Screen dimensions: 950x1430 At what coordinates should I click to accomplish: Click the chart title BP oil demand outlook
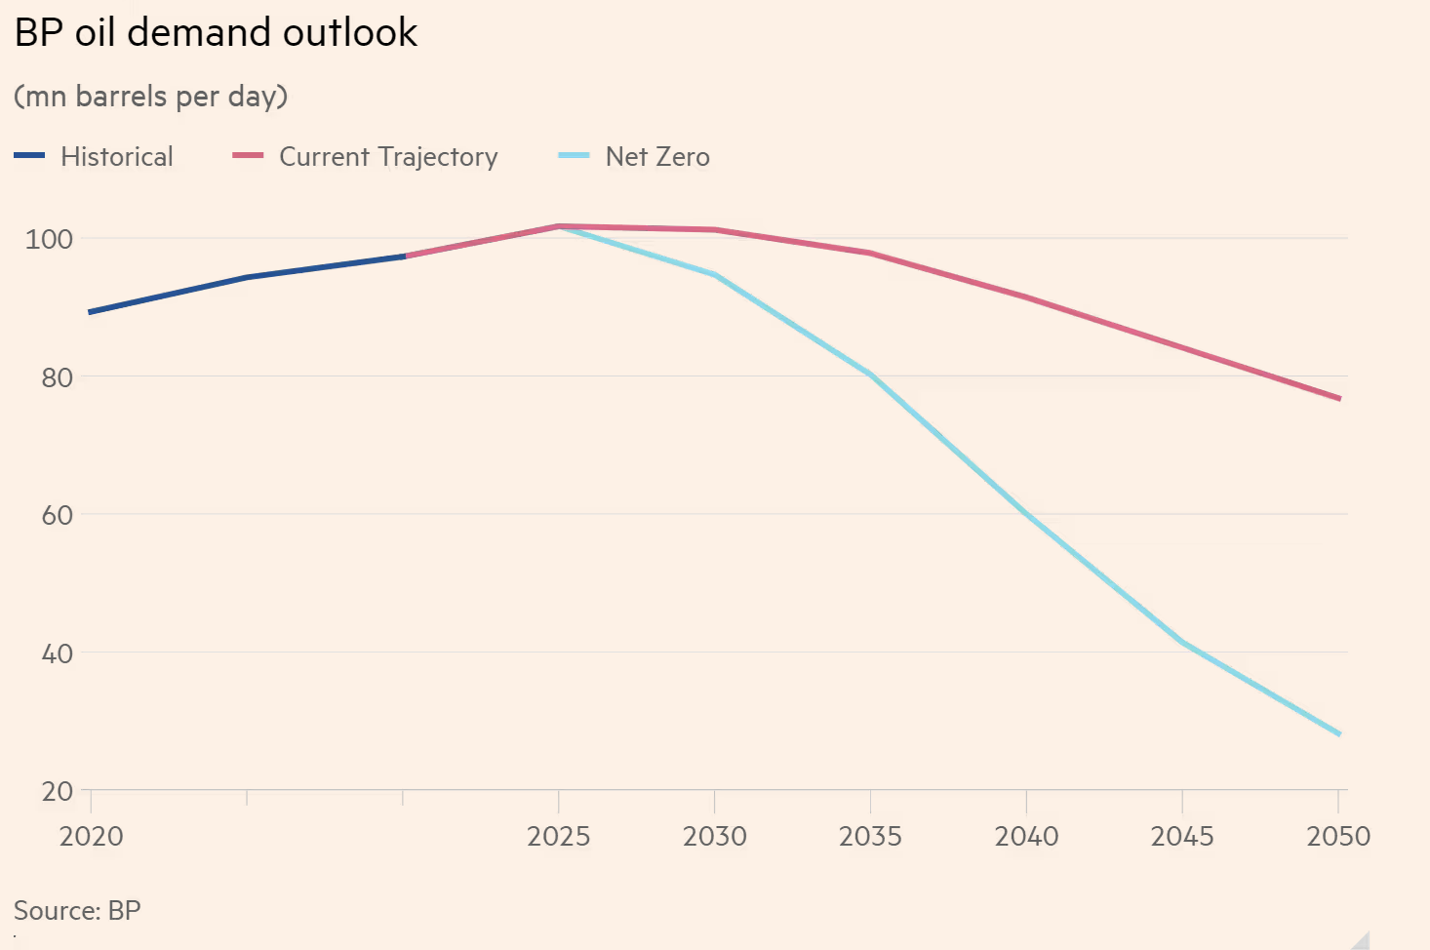tap(216, 33)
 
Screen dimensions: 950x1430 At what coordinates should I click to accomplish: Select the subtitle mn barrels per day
tap(150, 97)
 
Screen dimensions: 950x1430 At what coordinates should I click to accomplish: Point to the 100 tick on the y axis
tap(49, 239)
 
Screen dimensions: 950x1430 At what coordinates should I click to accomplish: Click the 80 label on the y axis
tap(57, 377)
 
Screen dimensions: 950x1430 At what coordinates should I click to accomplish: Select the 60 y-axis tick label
tap(57, 515)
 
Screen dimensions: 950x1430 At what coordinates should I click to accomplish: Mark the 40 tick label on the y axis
tap(57, 653)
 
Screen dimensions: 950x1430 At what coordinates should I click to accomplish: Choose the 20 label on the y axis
tap(57, 791)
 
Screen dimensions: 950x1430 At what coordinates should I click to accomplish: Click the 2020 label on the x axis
tap(91, 837)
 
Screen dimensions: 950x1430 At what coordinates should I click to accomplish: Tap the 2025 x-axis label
tap(558, 837)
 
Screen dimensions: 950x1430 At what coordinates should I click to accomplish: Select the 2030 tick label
tap(714, 837)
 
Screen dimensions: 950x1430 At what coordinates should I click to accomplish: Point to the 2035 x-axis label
tap(870, 837)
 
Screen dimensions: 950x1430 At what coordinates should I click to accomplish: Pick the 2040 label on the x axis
tap(1026, 837)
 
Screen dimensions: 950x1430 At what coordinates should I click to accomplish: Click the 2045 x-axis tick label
tap(1182, 837)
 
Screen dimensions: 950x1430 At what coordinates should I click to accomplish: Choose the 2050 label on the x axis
tap(1338, 837)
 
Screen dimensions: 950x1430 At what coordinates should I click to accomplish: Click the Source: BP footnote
tap(77, 911)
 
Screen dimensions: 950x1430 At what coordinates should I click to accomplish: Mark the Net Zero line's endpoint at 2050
tap(1339, 734)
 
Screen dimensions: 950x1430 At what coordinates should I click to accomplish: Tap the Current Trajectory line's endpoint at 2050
tap(1339, 399)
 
